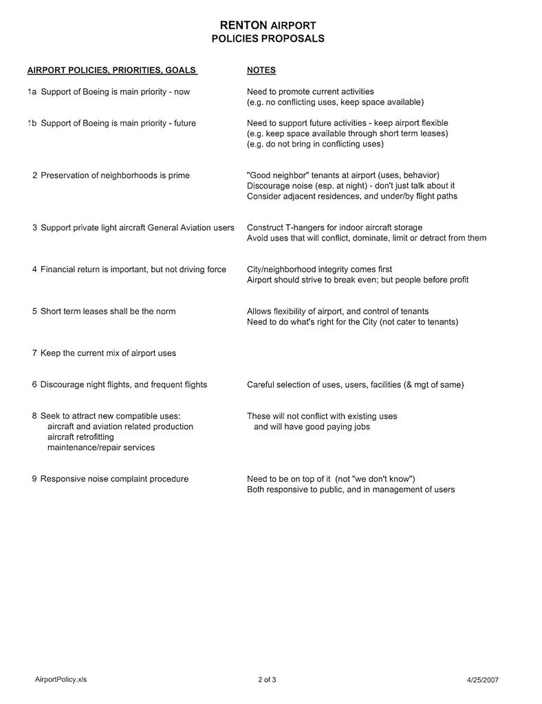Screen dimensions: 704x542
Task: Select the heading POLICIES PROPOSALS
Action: point(268,39)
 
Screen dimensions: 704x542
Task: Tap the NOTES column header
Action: point(261,70)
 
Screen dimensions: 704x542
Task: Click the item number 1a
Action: point(32,91)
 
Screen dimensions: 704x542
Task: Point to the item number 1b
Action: point(32,123)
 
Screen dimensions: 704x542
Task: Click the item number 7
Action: point(34,353)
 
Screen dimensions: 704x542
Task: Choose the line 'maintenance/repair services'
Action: point(100,448)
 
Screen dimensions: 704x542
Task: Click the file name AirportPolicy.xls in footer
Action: point(61,679)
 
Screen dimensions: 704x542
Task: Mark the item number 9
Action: point(34,479)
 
